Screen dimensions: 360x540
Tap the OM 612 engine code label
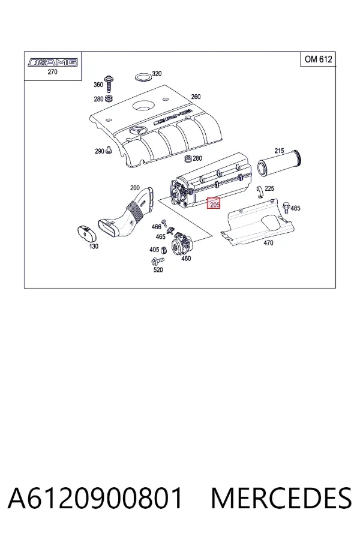coord(319,59)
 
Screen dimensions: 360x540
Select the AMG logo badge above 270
coord(53,62)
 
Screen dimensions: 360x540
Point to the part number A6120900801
coord(95,497)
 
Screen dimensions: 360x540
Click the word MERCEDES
coord(281,497)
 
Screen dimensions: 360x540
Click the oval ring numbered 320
coord(143,78)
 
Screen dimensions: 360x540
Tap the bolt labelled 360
coord(110,83)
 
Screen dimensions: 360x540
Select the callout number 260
coord(196,97)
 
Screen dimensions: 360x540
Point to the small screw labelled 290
coord(109,150)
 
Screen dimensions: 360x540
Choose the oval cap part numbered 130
coord(86,233)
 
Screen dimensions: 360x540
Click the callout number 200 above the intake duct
coord(134,188)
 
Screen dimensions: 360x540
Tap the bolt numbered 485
coord(286,208)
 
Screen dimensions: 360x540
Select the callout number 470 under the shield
coord(268,243)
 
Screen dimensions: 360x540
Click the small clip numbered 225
coord(261,192)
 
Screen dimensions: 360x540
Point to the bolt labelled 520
coord(154,261)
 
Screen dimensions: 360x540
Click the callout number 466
coord(157,227)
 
